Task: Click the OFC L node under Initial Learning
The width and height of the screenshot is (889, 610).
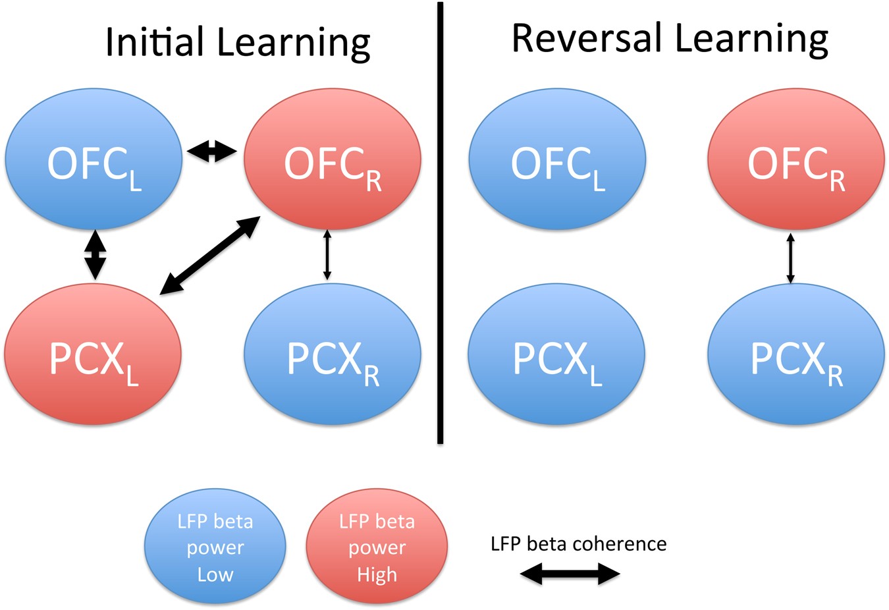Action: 94,159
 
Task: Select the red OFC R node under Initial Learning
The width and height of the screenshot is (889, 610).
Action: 332,159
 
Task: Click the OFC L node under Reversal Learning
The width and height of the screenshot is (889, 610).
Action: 557,159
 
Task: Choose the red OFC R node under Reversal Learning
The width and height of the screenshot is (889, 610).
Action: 795,159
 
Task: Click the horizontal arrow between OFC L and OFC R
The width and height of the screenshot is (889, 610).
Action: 212,153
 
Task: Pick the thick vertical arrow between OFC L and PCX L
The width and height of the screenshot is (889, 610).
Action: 95,254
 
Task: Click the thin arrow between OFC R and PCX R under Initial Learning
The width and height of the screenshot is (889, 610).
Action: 327,255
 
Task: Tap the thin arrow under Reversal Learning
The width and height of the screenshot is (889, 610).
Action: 791,257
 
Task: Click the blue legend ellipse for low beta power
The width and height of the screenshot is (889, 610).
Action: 215,546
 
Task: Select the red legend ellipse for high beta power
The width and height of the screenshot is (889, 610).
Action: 377,546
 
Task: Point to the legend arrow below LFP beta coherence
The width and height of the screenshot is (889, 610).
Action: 570,574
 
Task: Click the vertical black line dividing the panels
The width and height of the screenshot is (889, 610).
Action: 440,224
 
